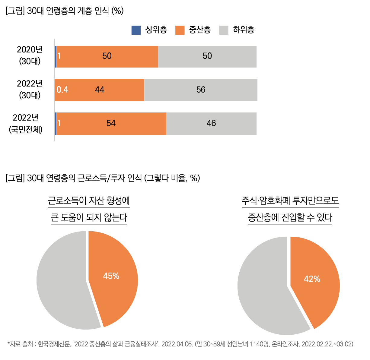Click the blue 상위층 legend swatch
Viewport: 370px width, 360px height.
click(x=136, y=30)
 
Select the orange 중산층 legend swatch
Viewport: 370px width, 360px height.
click(x=180, y=30)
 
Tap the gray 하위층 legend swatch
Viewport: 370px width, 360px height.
click(x=224, y=30)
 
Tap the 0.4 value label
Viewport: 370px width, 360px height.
click(x=62, y=90)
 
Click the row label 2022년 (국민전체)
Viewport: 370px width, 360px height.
click(x=26, y=124)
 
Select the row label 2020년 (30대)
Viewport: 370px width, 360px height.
click(x=30, y=55)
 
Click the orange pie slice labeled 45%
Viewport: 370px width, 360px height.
click(x=115, y=289)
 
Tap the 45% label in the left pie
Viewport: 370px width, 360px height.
click(x=111, y=276)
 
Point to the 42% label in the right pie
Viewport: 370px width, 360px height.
click(x=312, y=279)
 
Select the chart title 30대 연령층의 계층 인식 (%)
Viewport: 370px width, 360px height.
click(x=65, y=11)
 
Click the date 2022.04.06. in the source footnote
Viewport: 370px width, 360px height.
click(x=177, y=344)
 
